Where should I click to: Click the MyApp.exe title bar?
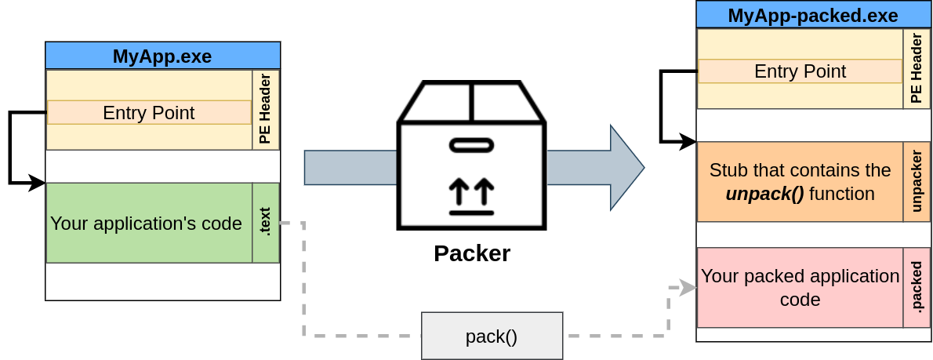162,56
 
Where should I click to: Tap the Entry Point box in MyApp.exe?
149,112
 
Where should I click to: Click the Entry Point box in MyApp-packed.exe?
800,71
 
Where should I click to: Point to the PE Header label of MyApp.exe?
265,110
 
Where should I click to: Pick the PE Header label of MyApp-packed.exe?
915,69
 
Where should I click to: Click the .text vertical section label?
265,223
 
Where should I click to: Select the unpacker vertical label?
915,182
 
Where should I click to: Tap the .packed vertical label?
915,287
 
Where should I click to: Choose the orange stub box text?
800,182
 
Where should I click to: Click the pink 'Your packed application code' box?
800,288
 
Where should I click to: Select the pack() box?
492,336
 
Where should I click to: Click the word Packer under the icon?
472,253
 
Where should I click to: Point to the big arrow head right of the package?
627,167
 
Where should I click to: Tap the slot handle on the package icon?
471,145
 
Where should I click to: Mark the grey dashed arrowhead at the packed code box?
688,288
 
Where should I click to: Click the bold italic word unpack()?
764,194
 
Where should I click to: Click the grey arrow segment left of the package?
350,168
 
